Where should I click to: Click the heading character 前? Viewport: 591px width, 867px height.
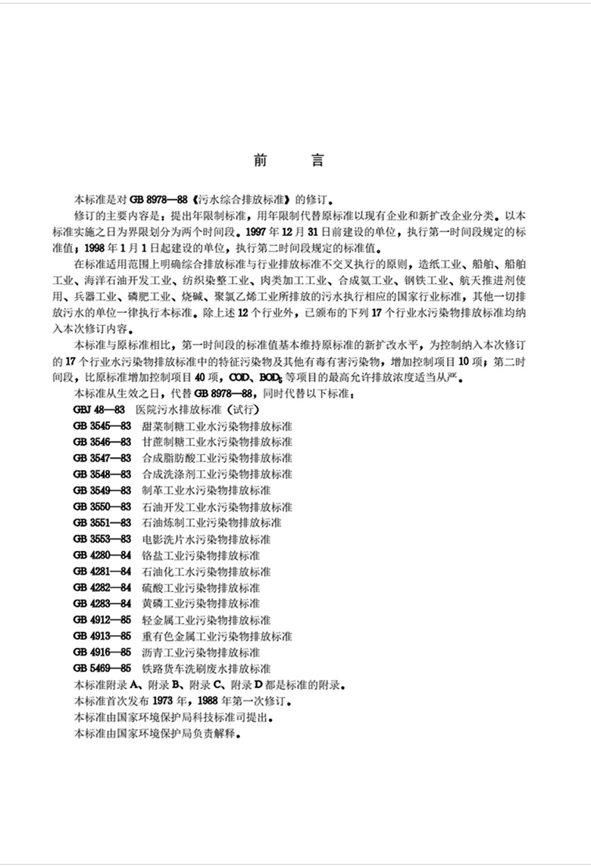tap(261, 161)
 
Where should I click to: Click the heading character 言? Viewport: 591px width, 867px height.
tap(317, 161)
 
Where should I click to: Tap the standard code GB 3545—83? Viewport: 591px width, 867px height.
tap(102, 426)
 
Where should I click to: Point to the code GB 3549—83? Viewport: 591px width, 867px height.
tap(102, 490)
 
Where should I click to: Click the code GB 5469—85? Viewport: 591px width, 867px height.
tap(102, 668)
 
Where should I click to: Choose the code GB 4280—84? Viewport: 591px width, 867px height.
tap(102, 556)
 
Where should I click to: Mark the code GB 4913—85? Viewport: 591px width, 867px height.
tap(102, 637)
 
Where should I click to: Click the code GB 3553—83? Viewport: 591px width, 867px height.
tap(102, 540)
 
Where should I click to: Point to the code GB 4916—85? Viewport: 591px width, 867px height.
tap(102, 653)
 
